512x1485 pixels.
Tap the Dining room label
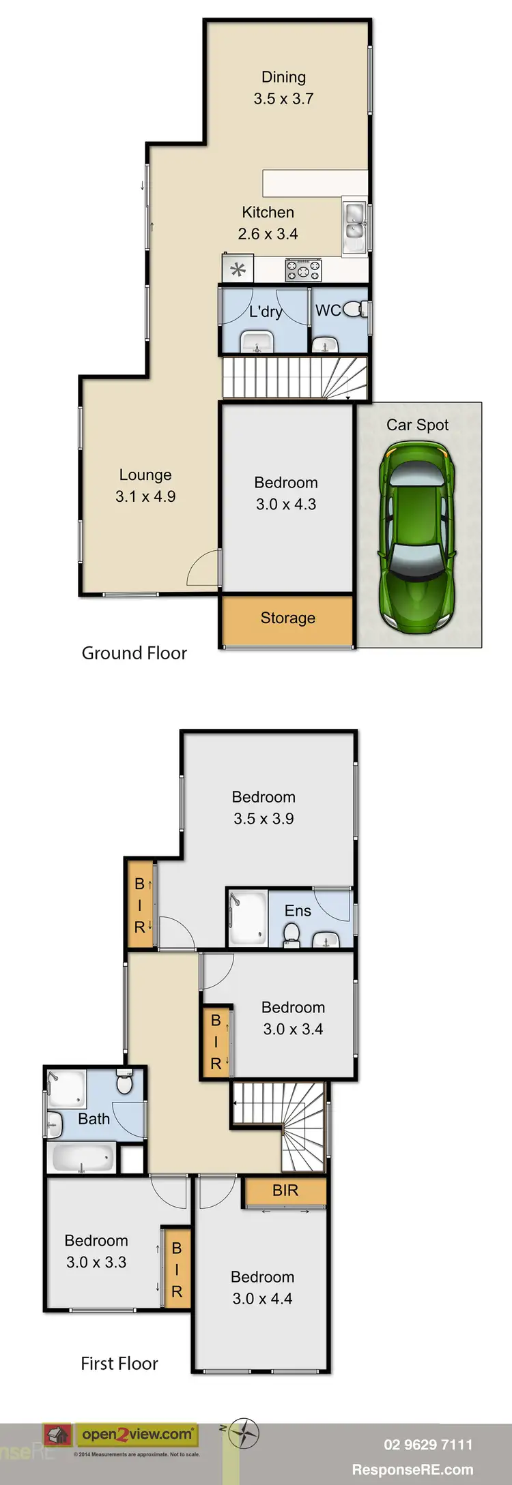[283, 78]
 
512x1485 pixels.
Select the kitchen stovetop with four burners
[302, 270]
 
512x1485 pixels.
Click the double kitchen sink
[354, 221]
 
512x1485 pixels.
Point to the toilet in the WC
[353, 310]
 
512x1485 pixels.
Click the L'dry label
[265, 312]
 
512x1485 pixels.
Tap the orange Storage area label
[287, 618]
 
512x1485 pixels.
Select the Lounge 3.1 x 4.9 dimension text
[145, 496]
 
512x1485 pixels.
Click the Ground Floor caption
[134, 653]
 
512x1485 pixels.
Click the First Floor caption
[119, 1364]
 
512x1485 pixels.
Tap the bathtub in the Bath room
[83, 1158]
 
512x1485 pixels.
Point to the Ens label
[298, 911]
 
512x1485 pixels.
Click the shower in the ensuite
[247, 918]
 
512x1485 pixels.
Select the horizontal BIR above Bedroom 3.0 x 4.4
[285, 1190]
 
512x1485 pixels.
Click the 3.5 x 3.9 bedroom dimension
[264, 819]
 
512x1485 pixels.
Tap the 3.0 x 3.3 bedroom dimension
[96, 1262]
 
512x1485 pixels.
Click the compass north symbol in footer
[244, 1432]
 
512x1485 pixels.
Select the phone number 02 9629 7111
[428, 1444]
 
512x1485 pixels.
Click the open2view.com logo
[137, 1435]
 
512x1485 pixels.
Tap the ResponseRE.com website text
[412, 1469]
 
